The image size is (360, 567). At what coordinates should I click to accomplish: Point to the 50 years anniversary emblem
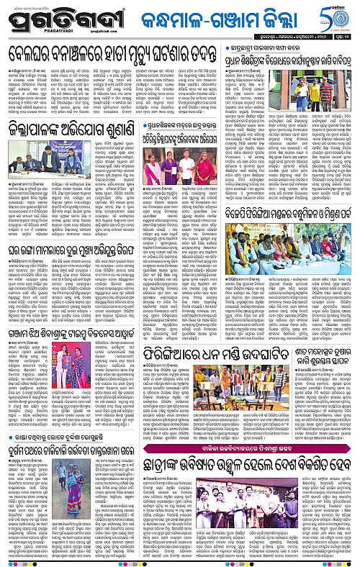pyautogui.click(x=338, y=17)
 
